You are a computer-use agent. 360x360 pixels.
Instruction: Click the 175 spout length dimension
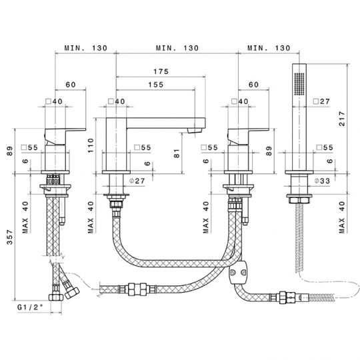pyautogui.click(x=161, y=71)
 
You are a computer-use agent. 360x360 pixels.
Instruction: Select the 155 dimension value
pyautogui.click(x=155, y=85)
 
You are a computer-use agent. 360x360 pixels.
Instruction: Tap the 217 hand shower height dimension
pyautogui.click(x=342, y=119)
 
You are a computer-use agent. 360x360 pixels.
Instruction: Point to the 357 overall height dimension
pyautogui.click(x=9, y=237)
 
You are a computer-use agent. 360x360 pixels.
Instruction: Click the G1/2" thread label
pyautogui.click(x=30, y=307)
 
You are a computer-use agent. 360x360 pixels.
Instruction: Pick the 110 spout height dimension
pyautogui.click(x=91, y=145)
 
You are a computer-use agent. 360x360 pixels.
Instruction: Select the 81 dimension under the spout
pyautogui.click(x=176, y=153)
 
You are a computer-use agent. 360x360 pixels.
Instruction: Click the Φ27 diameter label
pyautogui.click(x=137, y=181)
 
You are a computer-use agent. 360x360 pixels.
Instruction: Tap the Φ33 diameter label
pyautogui.click(x=322, y=181)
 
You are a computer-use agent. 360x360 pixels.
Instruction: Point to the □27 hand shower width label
pyautogui.click(x=321, y=101)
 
